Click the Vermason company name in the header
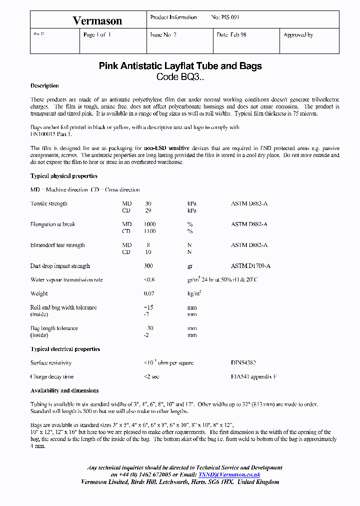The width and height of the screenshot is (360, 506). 97,20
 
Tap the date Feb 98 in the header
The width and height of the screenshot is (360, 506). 231,35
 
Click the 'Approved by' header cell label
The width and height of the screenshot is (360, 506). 298,35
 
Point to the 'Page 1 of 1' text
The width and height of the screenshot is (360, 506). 97,35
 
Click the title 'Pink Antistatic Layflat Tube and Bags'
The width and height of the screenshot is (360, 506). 180,66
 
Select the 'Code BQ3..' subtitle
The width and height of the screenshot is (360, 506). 180,77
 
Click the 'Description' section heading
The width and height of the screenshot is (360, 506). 44,86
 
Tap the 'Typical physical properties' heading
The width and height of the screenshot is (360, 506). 64,176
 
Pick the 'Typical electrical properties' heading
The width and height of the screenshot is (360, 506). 65,349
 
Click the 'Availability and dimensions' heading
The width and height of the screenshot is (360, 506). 64,390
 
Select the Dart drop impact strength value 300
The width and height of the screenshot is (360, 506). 148,266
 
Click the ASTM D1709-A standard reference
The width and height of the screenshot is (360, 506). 251,266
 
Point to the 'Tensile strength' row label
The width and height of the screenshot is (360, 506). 48,203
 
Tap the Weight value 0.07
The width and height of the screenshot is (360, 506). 149,293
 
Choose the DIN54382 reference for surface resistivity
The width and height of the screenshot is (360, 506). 243,362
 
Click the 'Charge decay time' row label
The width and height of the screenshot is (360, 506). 51,376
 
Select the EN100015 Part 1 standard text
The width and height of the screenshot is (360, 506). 51,134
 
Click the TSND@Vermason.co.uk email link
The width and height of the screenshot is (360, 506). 229,474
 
